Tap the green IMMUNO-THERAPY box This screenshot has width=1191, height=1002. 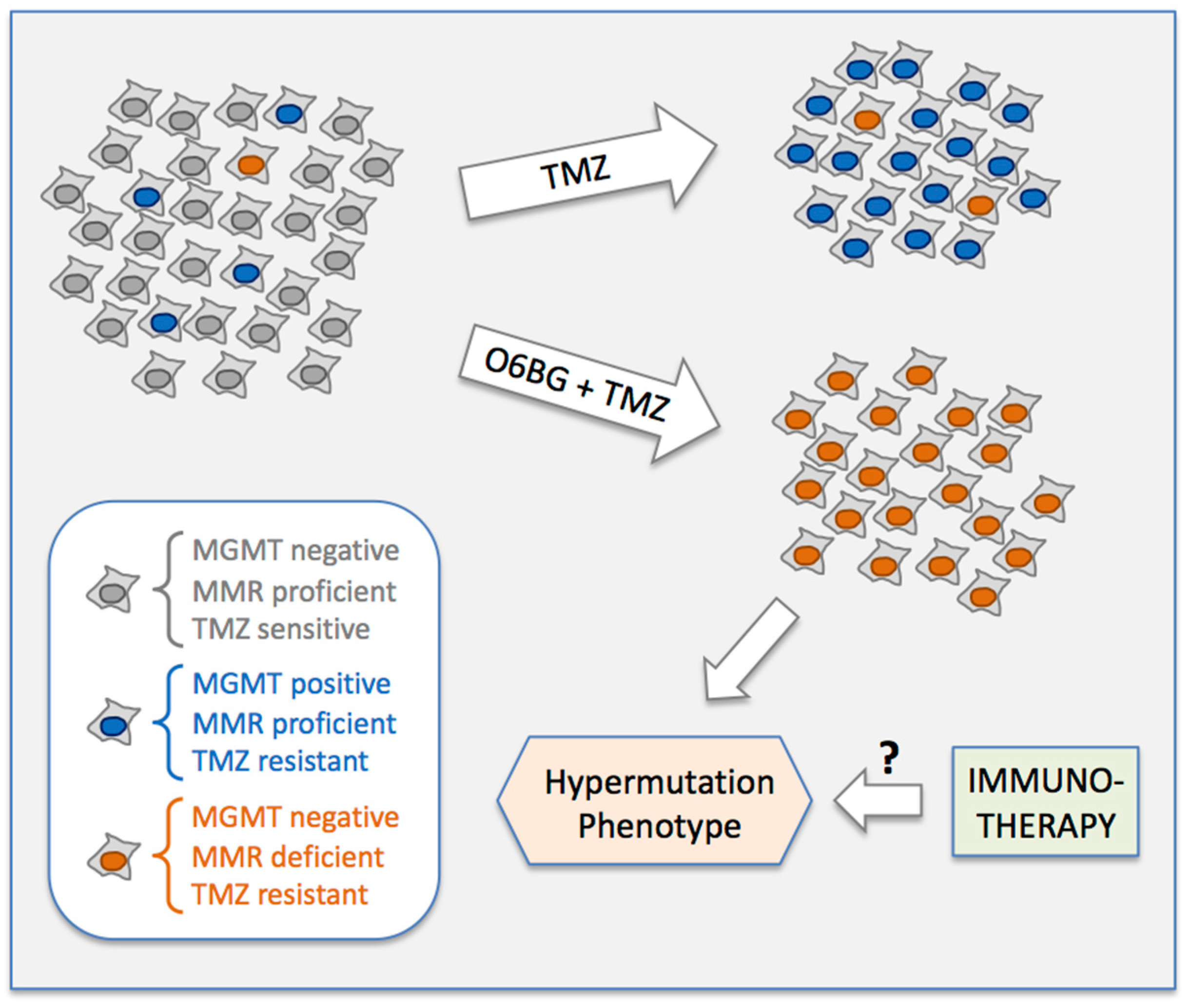click(x=1045, y=802)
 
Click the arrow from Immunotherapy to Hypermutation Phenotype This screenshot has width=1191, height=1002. click(x=878, y=801)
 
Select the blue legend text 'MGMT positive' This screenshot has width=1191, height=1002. click(x=291, y=683)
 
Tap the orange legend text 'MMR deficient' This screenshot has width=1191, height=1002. click(x=288, y=857)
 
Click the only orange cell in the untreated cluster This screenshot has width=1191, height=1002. click(x=251, y=164)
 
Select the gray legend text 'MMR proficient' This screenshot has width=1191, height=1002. click(x=294, y=591)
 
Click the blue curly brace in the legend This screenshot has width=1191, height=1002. click(x=168, y=723)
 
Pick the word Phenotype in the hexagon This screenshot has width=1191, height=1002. click(x=659, y=826)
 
